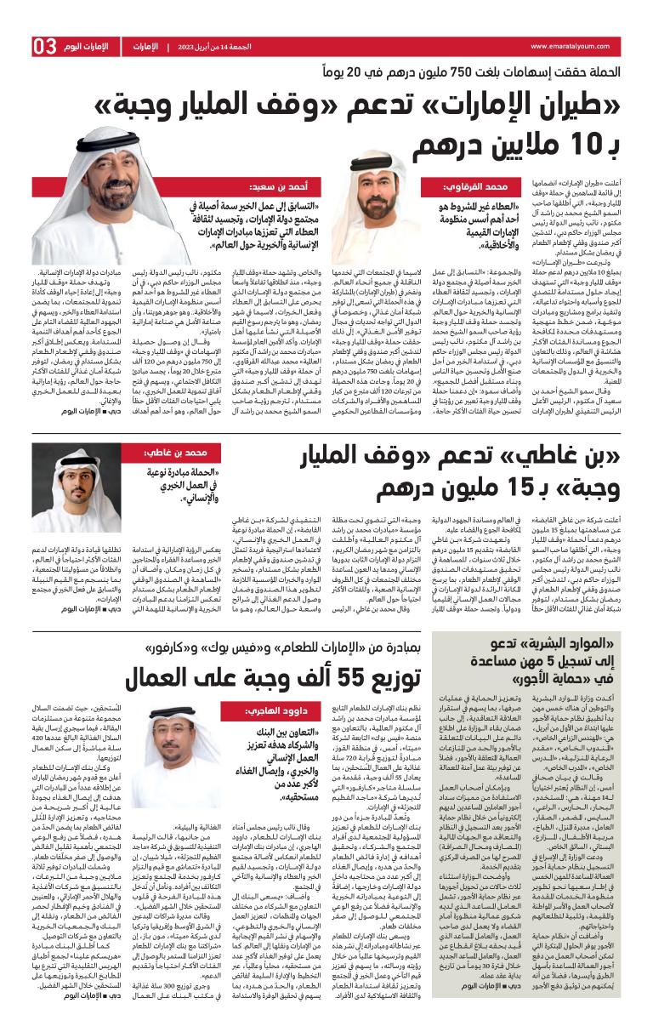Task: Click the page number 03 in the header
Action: coord(44,45)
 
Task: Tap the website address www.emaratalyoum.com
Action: coord(575,46)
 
